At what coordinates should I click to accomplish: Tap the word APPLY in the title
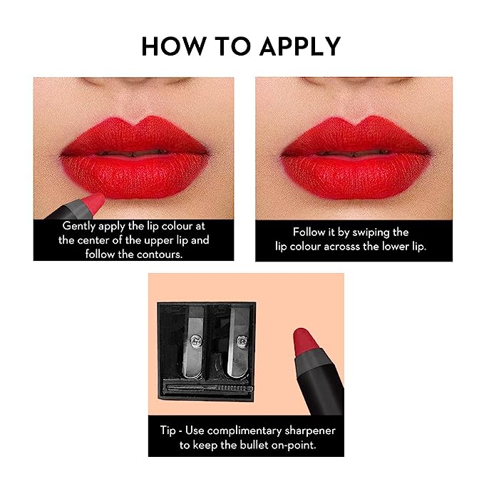[x=299, y=46]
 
